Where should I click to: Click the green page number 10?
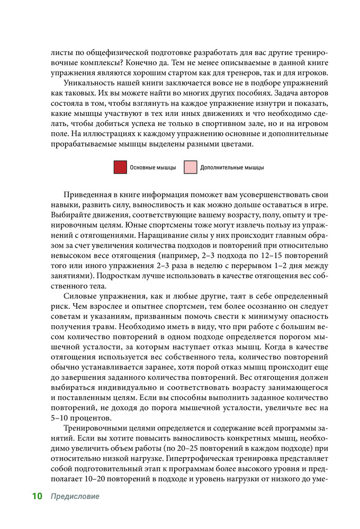[37, 497]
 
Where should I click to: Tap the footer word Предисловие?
[75, 497]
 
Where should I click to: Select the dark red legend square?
[120, 168]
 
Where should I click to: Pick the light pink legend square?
[191, 168]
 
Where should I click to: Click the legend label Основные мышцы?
[153, 168]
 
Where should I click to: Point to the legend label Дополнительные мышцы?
[232, 168]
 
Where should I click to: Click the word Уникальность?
[88, 84]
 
